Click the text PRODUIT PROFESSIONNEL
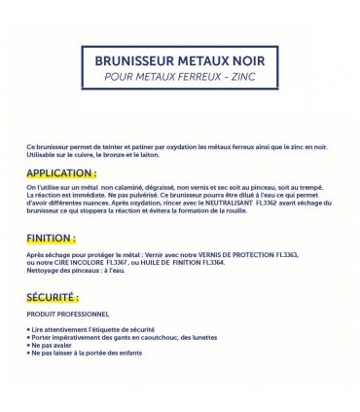[68, 314]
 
